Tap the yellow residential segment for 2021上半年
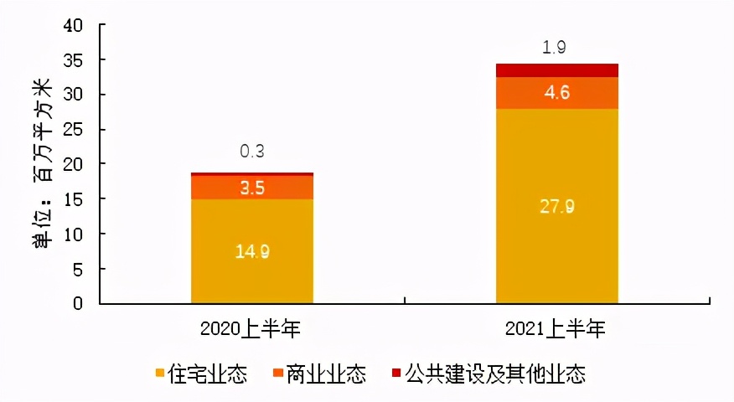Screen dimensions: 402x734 [x=556, y=251]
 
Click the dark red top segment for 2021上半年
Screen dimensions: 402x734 [x=556, y=70]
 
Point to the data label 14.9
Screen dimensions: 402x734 [x=252, y=250]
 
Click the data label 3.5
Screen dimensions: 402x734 [x=252, y=188]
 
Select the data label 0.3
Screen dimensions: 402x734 [x=252, y=152]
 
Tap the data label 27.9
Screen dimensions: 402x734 [x=556, y=206]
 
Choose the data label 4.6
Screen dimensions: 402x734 [x=556, y=93]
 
